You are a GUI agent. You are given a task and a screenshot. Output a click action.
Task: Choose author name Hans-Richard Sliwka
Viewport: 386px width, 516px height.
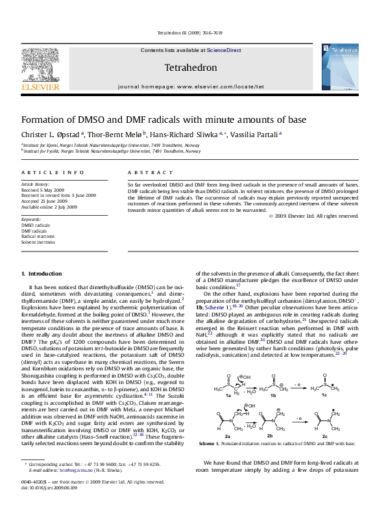193,135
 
